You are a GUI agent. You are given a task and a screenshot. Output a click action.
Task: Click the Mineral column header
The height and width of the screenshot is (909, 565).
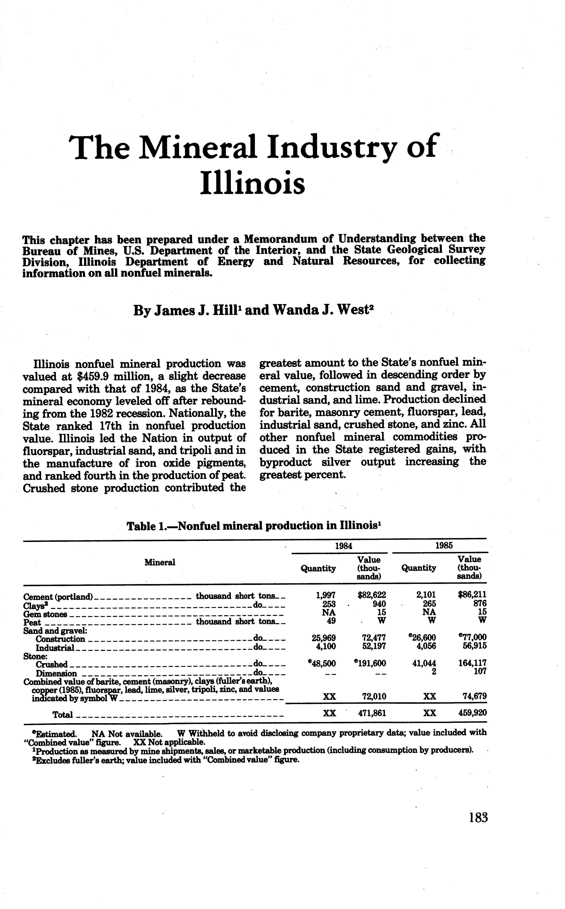pyautogui.click(x=160, y=563)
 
